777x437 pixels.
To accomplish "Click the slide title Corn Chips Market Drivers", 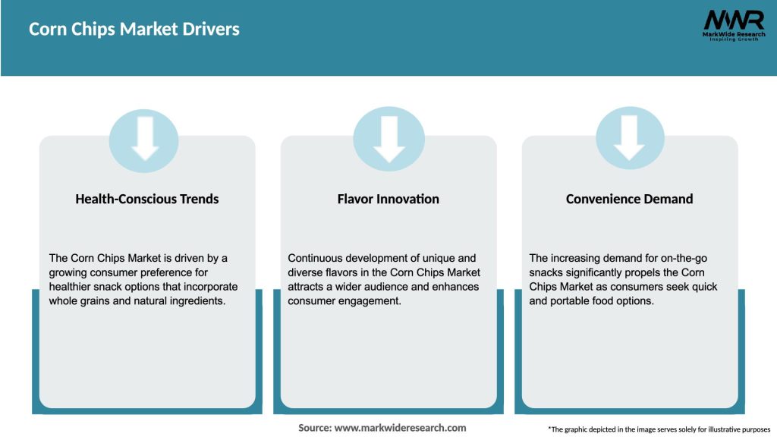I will tap(134, 30).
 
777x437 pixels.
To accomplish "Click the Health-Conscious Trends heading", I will tap(147, 199).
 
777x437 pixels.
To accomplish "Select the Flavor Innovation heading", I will tap(388, 199).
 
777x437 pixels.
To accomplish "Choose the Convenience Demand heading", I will tap(629, 199).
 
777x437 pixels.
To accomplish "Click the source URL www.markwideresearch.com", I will tap(400, 428).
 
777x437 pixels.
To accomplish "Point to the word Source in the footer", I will tap(314, 428).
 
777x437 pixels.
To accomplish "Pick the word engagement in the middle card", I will tap(369, 301).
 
